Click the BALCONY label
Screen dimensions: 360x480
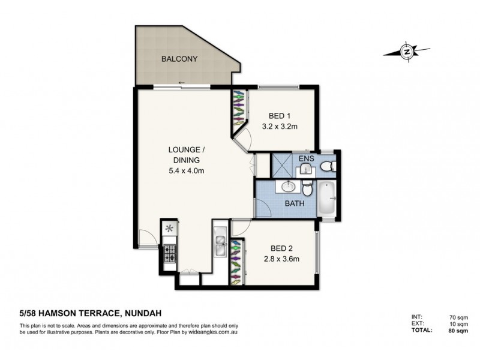(x=179, y=59)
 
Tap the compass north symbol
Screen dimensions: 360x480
(x=407, y=52)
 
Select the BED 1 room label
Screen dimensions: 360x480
(x=280, y=116)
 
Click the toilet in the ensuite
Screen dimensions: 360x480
(x=327, y=166)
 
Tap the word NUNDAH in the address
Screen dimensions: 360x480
(x=145, y=312)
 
